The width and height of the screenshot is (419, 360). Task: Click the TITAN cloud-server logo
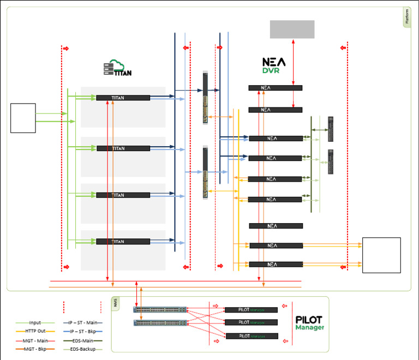point(117,68)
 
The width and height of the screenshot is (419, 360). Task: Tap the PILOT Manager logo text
point(309,322)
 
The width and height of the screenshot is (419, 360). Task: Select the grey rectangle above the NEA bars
point(292,29)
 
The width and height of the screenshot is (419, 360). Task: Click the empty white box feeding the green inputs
point(23,118)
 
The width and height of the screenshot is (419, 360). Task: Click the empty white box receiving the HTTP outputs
point(381,255)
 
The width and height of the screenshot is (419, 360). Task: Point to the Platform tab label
point(407,17)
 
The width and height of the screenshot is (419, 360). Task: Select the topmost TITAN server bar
point(123,98)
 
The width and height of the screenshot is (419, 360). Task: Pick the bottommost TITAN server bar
point(123,241)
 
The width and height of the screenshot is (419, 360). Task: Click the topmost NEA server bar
point(275,88)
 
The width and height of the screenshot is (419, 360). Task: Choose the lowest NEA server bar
point(276,265)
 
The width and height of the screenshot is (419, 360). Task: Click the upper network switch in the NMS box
point(160,310)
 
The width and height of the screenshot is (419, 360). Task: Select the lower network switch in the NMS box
point(160,322)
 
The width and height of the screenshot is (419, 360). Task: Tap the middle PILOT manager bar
point(251,323)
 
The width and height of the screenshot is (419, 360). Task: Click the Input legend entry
point(35,323)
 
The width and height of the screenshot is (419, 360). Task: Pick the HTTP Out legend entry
point(35,331)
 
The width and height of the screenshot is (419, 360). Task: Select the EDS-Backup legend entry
point(81,348)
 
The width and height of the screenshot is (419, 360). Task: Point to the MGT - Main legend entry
point(35,340)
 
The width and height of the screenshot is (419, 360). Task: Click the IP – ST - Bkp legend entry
point(81,331)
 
